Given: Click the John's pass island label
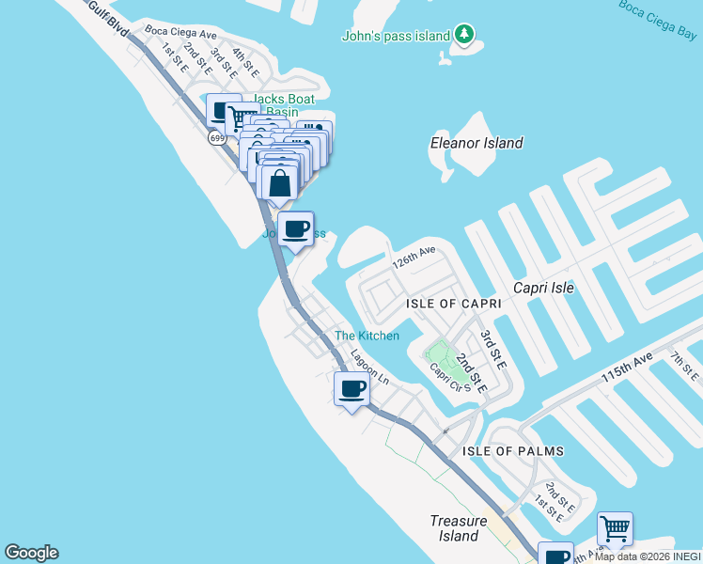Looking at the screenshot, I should click(395, 37).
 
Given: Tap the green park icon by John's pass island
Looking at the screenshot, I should click(463, 35).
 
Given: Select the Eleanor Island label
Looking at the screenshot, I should click(476, 143).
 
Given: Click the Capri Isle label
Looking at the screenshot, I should click(543, 288).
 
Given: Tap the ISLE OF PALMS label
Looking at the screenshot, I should click(512, 451).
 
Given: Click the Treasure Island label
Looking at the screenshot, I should click(458, 528).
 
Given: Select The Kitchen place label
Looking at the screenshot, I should click(367, 336).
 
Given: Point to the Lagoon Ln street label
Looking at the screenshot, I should click(369, 367).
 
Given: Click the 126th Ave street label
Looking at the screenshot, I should click(414, 257).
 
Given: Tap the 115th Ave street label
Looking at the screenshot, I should click(627, 366).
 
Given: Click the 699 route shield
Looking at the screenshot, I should click(217, 138).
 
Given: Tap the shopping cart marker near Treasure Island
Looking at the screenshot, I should click(614, 528).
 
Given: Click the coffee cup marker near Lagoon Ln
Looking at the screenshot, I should click(352, 388).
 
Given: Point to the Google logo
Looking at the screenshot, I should click(31, 553).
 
